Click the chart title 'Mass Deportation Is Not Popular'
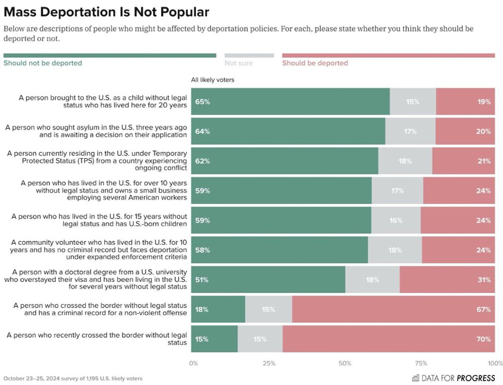tap(106, 12)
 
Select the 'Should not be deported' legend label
tap(43, 63)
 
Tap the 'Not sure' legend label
tap(238, 63)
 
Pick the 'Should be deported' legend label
tap(315, 63)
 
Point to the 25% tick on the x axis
tap(269, 363)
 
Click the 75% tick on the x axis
tap(421, 363)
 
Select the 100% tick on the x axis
tap(495, 363)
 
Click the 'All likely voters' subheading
tap(212, 80)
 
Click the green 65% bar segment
tap(290, 102)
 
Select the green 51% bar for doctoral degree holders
tap(268, 279)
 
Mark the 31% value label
tap(484, 280)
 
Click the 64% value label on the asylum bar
tap(203, 132)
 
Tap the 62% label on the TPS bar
tap(203, 161)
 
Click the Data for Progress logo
tap(453, 378)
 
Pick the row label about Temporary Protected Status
tap(97, 161)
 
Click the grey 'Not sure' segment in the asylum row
tap(410, 131)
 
